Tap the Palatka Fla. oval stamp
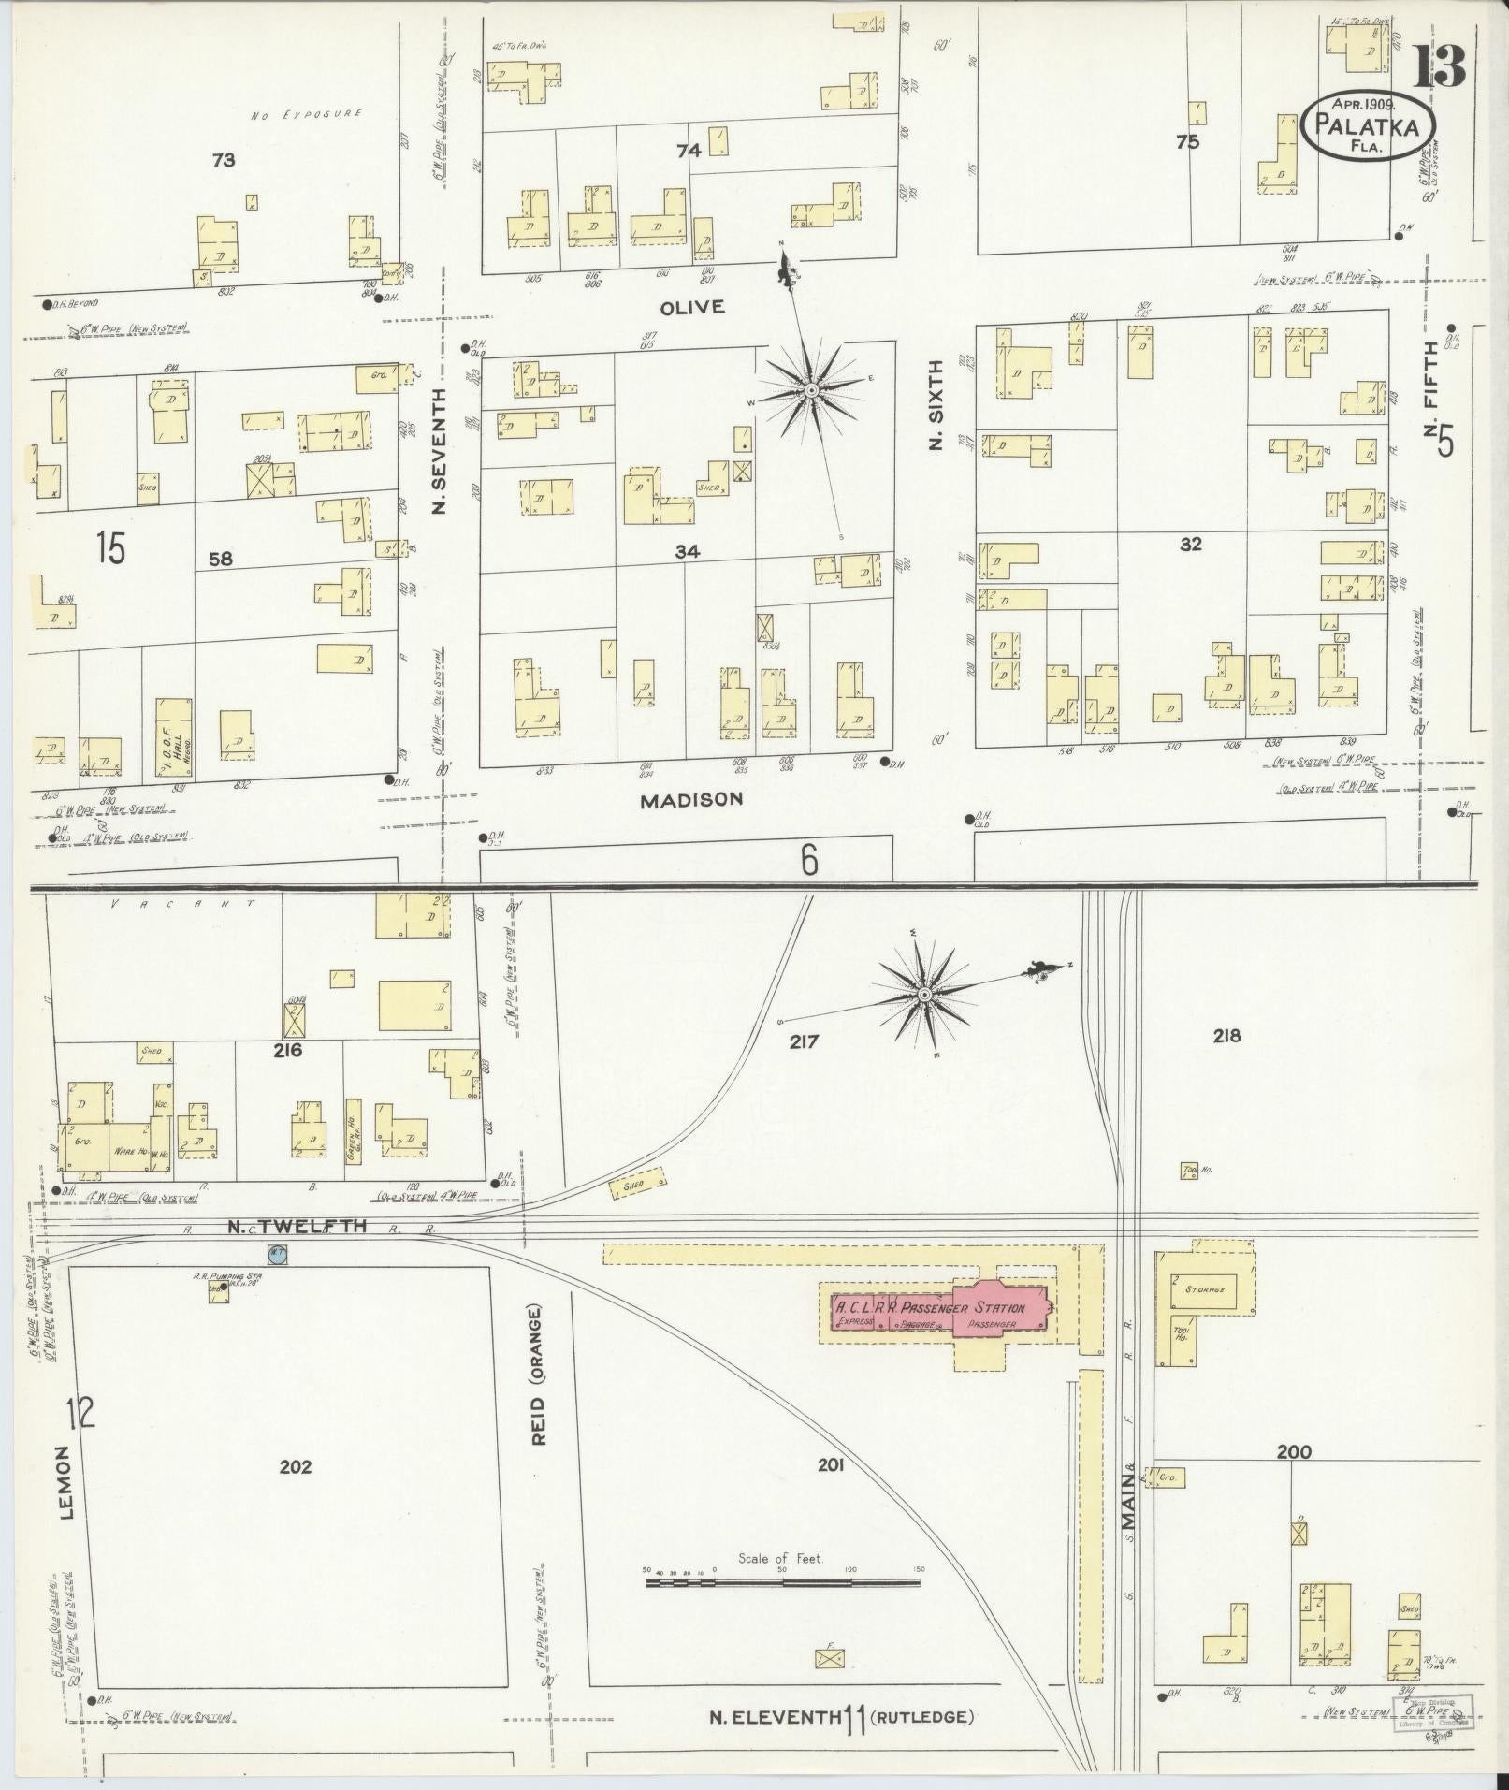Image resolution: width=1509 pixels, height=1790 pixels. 1367,124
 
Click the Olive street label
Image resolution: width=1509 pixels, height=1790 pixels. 692,308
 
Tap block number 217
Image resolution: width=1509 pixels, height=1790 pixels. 804,1041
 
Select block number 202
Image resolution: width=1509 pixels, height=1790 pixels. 295,1466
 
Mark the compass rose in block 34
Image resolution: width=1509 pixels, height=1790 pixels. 811,388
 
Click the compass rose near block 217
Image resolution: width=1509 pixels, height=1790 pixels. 924,994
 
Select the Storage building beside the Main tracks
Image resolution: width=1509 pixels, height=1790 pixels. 1204,1290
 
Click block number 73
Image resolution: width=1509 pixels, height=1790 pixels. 223,160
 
